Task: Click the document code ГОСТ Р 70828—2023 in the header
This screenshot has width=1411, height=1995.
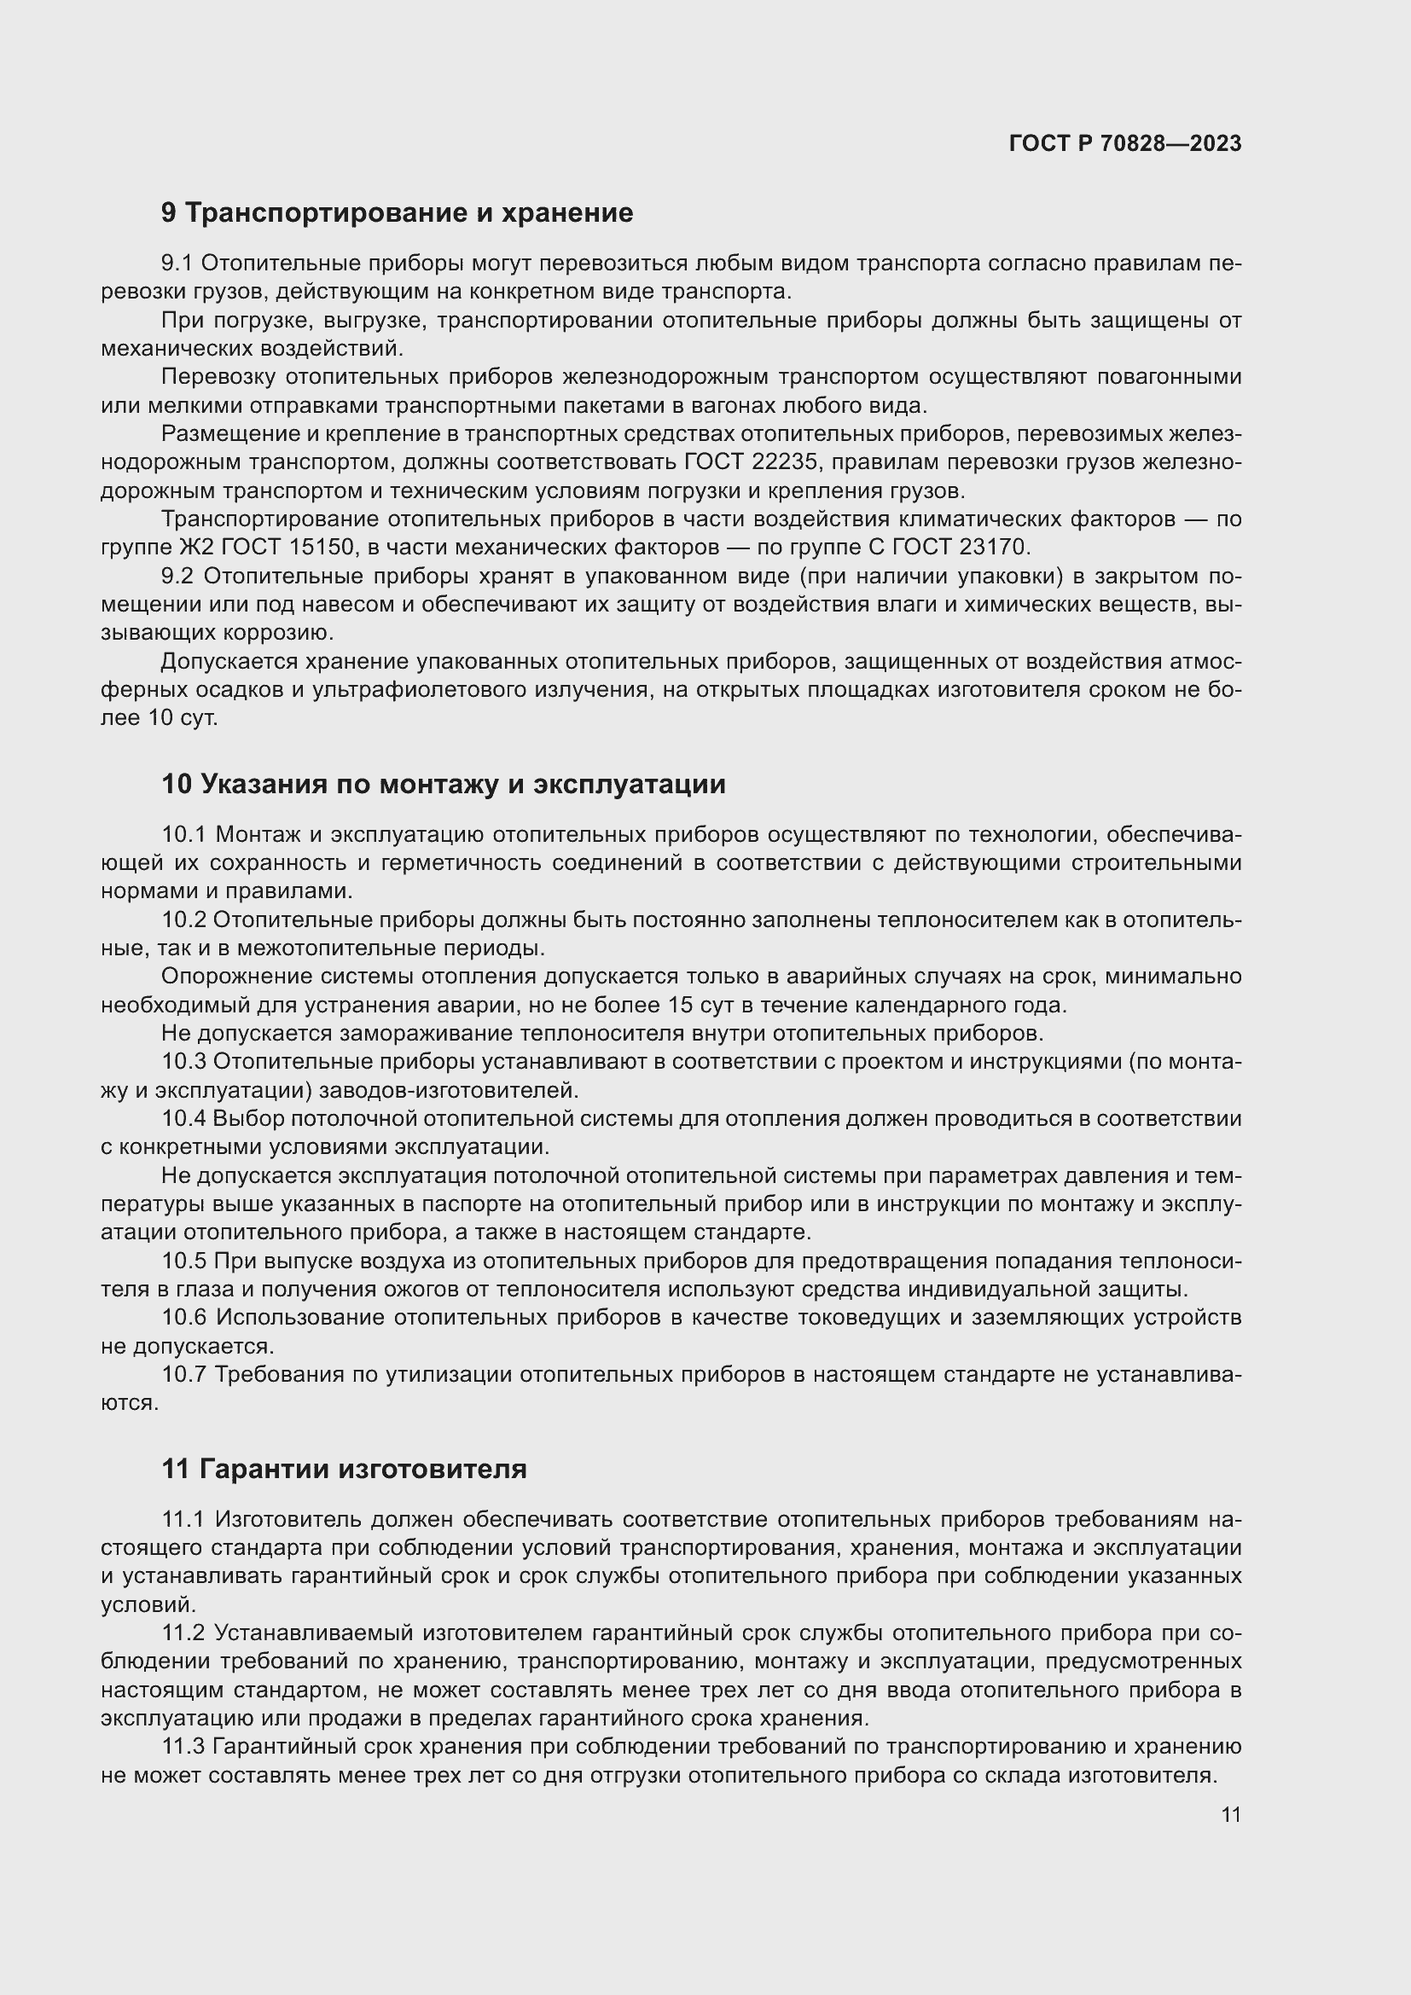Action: [x=1124, y=143]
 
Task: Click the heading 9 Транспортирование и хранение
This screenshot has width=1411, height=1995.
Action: [x=397, y=213]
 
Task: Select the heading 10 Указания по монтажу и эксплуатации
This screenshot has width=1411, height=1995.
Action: [x=443, y=784]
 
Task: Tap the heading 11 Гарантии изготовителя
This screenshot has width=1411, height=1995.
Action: [x=344, y=1469]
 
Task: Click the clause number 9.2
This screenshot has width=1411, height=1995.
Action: [x=181, y=576]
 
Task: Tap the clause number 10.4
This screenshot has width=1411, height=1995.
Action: [x=183, y=1118]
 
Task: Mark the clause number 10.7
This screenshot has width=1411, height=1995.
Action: [x=183, y=1375]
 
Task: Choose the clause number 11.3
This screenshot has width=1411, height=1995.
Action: [x=183, y=1747]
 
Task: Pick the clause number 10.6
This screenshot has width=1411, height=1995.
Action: [x=183, y=1317]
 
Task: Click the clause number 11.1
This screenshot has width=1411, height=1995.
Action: [x=183, y=1519]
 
